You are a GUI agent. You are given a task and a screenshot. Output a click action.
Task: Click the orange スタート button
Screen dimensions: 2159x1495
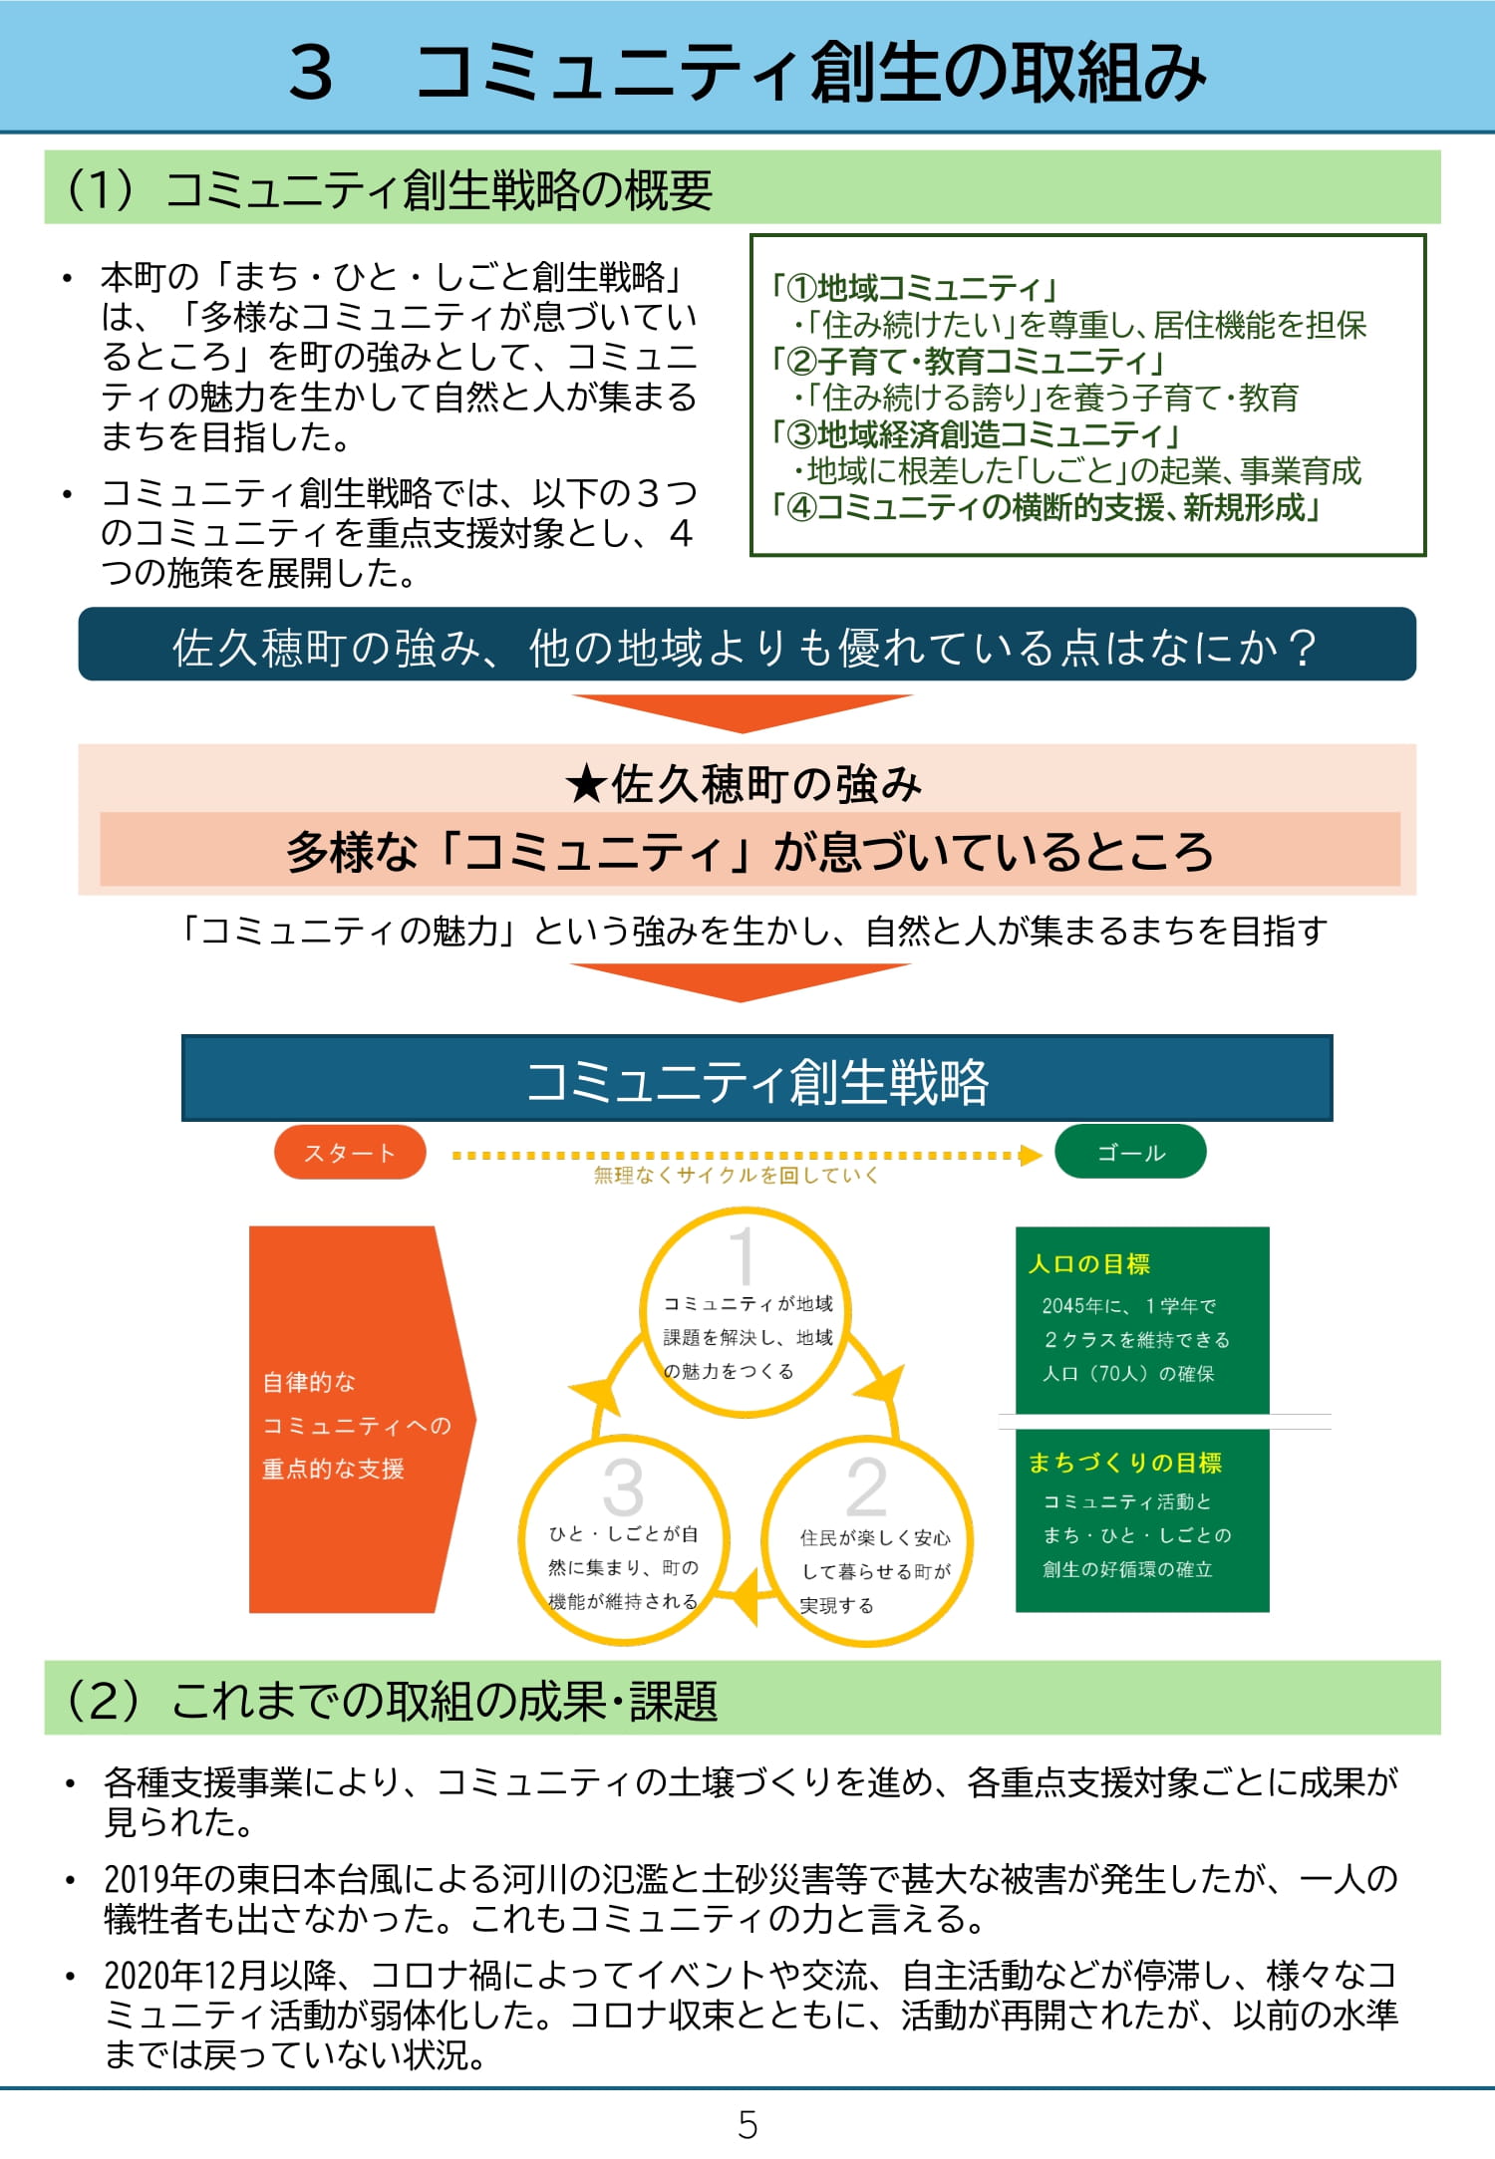350,1153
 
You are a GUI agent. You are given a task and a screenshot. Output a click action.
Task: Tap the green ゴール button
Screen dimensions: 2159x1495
1130,1153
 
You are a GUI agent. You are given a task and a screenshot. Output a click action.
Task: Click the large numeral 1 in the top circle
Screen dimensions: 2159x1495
743,1253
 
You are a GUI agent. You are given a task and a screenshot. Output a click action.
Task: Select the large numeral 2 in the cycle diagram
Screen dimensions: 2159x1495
866,1487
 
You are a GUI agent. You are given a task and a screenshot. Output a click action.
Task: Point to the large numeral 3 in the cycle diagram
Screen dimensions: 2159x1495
623,1487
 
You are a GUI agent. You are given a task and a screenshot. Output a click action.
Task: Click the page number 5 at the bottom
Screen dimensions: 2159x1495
747,2125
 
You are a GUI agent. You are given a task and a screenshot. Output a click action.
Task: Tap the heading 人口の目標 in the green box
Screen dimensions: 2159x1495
1089,1264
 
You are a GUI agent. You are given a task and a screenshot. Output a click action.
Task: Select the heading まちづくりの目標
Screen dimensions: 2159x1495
1125,1463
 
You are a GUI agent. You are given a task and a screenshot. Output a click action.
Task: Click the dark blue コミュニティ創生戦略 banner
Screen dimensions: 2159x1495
756,1080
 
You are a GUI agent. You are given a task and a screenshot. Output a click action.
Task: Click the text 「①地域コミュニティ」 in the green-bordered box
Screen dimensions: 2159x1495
915,289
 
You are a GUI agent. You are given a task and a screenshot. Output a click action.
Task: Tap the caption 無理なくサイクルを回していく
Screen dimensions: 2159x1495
737,1176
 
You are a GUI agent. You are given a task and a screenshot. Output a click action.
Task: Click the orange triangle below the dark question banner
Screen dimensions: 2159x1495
742,711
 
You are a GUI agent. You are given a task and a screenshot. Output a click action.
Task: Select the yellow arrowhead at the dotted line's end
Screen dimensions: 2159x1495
1030,1155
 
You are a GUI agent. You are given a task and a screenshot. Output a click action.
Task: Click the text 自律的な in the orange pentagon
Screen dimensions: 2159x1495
309,1383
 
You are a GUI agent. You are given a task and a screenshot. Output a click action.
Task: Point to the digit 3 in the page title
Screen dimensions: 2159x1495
311,73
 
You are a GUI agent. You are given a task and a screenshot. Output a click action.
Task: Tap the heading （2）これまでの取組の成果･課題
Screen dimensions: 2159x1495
391,1701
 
